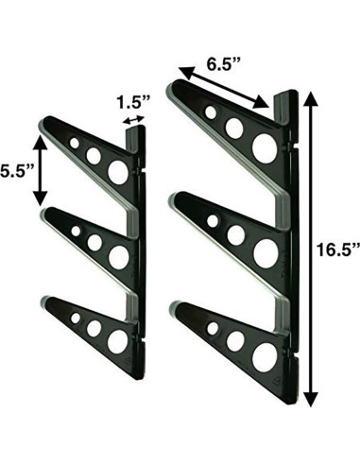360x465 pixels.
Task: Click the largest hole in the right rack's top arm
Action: [265, 147]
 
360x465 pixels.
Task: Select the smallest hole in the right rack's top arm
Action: [210, 112]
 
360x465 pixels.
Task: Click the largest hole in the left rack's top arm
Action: [118, 171]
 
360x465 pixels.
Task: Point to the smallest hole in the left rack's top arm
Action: [75, 144]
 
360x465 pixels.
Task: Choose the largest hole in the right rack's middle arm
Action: [266, 251]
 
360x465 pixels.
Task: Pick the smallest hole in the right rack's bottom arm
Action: [213, 328]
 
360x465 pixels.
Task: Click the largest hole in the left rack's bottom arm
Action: [117, 340]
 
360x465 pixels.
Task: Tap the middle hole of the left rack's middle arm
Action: [94, 242]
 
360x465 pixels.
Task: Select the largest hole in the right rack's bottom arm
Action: [266, 355]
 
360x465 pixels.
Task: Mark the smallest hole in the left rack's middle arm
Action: [76, 230]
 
